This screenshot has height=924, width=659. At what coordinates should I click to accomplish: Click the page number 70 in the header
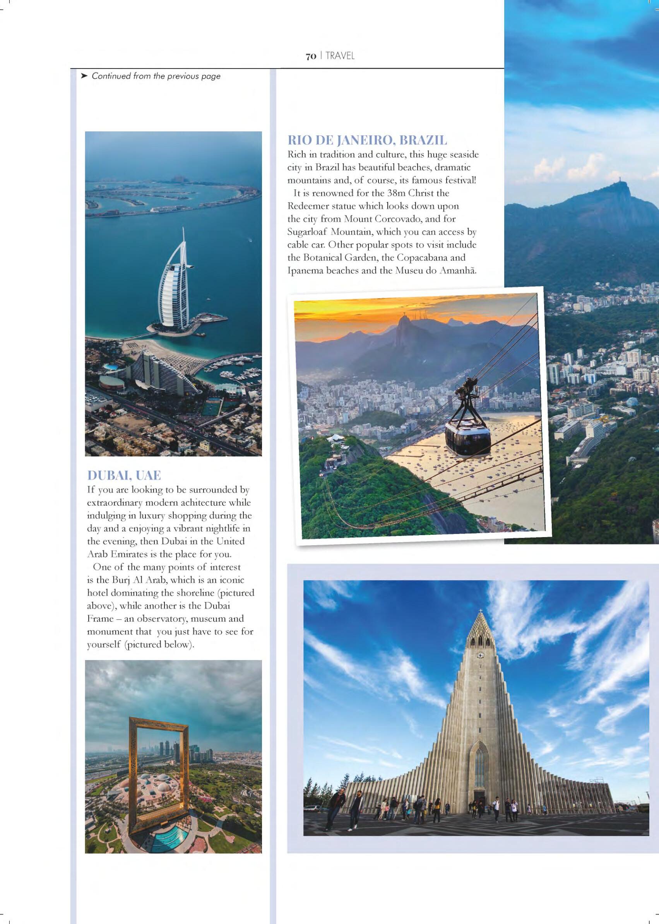[x=311, y=57]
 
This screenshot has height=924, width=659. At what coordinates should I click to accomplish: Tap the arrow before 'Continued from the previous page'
[x=84, y=76]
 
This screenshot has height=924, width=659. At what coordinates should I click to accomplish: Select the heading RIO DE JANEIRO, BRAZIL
[x=367, y=140]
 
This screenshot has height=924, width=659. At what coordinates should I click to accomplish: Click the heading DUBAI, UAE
[x=124, y=475]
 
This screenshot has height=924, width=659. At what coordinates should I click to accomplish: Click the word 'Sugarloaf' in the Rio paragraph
[x=307, y=232]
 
